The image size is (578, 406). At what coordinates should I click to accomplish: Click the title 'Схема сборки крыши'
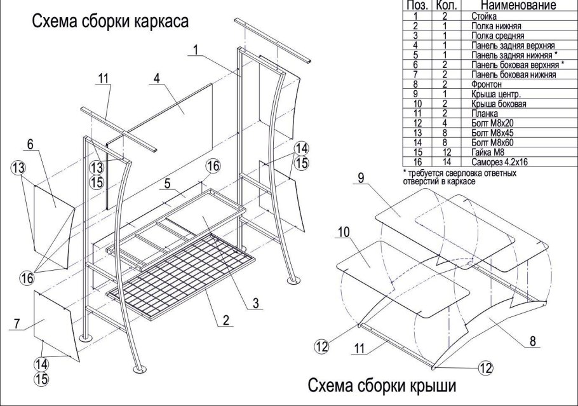coord(382,386)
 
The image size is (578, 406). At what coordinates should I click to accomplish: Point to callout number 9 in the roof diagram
coord(360,179)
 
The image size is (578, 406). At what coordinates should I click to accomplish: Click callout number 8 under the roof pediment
coord(533,341)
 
